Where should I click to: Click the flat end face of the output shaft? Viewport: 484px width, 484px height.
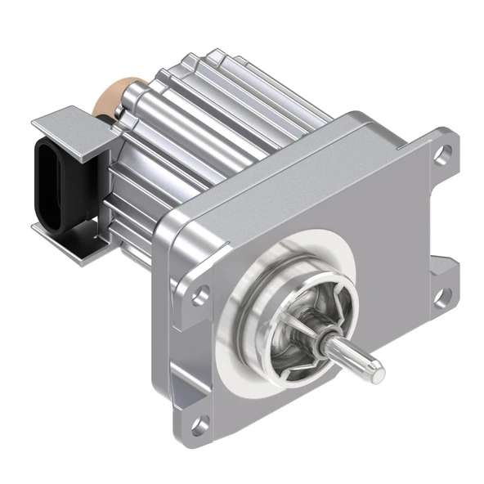point(379,373)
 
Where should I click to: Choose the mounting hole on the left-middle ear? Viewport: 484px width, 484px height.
point(198,296)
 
